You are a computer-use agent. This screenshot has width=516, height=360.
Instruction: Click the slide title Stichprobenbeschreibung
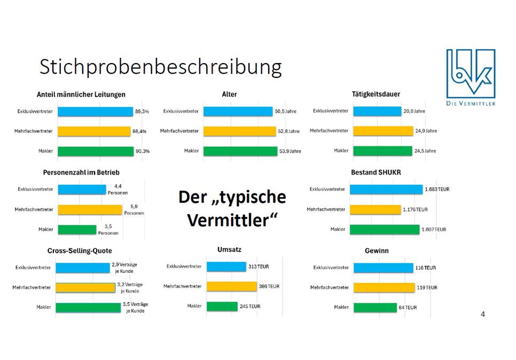[x=160, y=68]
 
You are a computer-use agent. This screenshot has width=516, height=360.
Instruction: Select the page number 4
[x=483, y=314]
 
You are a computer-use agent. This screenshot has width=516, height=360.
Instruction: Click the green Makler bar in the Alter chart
[x=240, y=151]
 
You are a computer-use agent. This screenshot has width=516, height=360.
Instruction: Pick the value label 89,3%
[x=142, y=111]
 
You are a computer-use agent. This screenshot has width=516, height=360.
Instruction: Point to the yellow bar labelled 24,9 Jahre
[x=382, y=131]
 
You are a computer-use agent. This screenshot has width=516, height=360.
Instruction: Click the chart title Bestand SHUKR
[x=376, y=173]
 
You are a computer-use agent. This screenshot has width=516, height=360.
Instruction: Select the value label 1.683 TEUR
[x=437, y=190]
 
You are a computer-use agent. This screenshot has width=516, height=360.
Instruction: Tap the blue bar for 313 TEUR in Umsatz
[x=226, y=267]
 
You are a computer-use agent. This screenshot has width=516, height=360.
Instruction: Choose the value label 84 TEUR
[x=408, y=308]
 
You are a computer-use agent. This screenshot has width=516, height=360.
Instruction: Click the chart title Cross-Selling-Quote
[x=80, y=251]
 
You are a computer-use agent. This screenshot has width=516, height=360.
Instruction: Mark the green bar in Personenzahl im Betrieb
[x=77, y=230]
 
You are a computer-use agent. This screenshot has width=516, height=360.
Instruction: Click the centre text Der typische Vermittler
[x=232, y=208]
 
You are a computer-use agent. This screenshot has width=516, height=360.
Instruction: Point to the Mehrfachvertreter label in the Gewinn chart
[x=329, y=287]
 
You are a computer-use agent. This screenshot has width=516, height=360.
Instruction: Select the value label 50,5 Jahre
[x=286, y=111]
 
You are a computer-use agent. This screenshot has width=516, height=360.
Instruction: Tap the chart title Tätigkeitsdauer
[x=376, y=94]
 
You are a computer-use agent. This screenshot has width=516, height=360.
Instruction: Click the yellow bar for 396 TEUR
[x=231, y=287]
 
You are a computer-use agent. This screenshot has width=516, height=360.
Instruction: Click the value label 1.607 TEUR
[x=434, y=230]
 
